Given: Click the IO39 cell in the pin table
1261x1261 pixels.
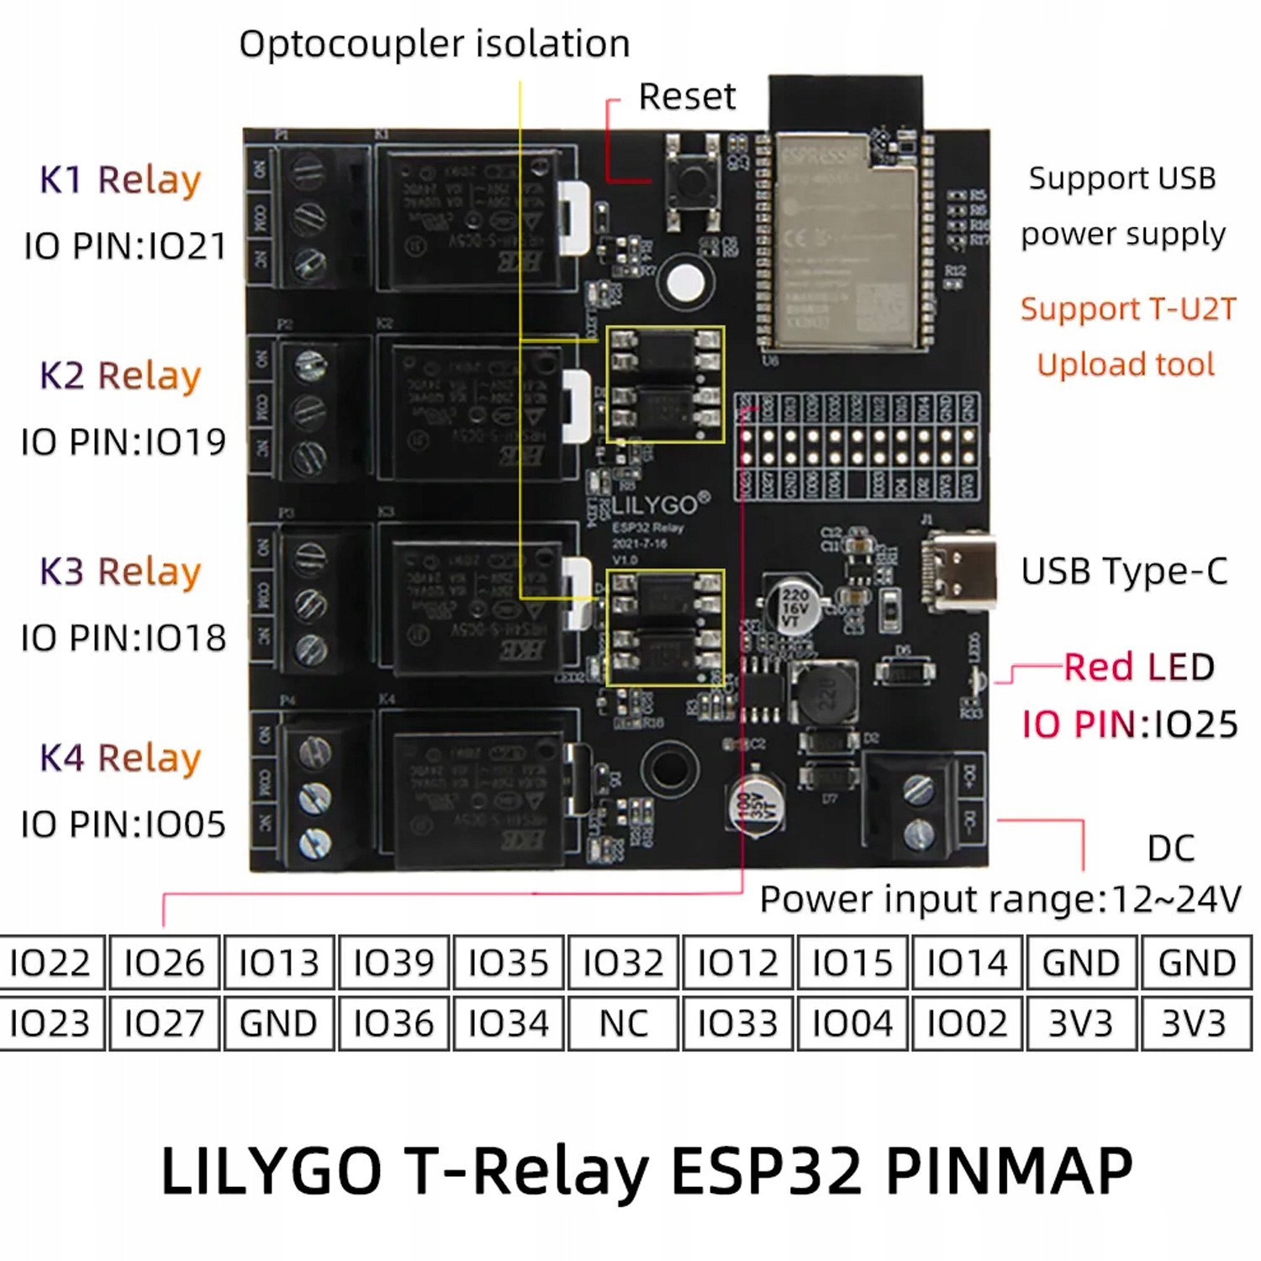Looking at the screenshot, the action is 393,963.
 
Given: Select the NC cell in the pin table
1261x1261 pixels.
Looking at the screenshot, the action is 623,1023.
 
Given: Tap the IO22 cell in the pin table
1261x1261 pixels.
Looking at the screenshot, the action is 50,963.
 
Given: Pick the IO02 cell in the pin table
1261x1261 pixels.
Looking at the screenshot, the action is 967,1023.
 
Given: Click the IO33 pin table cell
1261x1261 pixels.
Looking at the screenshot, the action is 737,1023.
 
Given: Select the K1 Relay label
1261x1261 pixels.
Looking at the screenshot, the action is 120,180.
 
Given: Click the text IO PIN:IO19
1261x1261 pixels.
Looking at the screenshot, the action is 124,441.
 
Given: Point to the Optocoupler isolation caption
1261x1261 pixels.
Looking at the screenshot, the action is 434,44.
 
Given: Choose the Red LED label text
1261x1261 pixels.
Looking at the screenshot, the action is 1139,667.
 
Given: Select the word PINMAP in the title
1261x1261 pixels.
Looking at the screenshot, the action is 1009,1170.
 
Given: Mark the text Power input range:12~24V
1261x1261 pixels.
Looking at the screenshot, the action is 1000,900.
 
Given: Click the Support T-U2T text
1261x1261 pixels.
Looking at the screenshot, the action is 1128,309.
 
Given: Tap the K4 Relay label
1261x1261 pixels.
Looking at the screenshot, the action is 120,757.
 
